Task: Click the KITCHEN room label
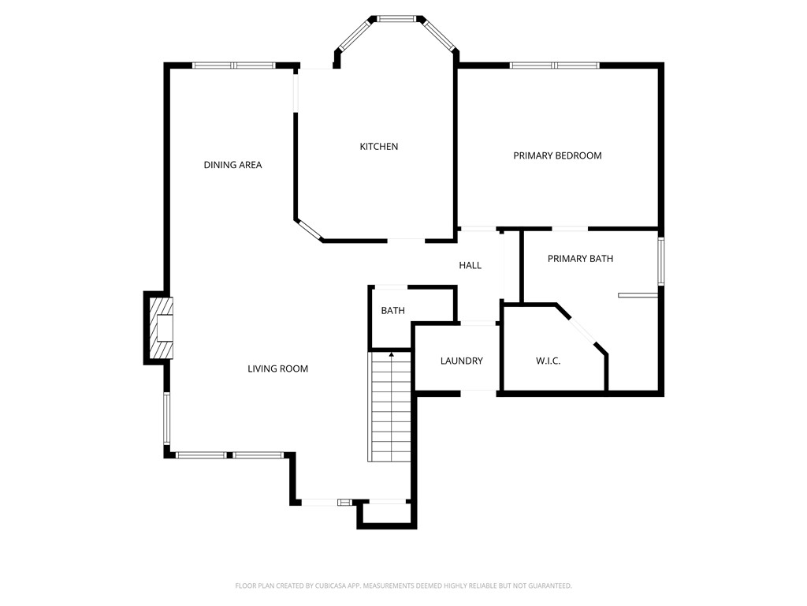tap(378, 146)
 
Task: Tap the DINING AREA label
tap(232, 165)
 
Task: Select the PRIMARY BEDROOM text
tap(557, 155)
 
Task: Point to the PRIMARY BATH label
tap(580, 258)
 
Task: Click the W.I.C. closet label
tap(548, 361)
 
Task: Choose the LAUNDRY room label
tap(461, 361)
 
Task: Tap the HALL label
tap(470, 265)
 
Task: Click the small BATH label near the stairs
tap(392, 310)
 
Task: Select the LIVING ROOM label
tap(277, 368)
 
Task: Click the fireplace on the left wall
tap(162, 327)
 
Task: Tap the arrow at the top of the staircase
tap(392, 356)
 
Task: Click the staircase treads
tap(390, 410)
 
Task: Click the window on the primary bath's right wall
tap(660, 260)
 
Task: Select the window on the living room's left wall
tap(166, 417)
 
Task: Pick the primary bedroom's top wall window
tap(554, 65)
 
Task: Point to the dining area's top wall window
tap(233, 65)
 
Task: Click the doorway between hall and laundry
tap(477, 323)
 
